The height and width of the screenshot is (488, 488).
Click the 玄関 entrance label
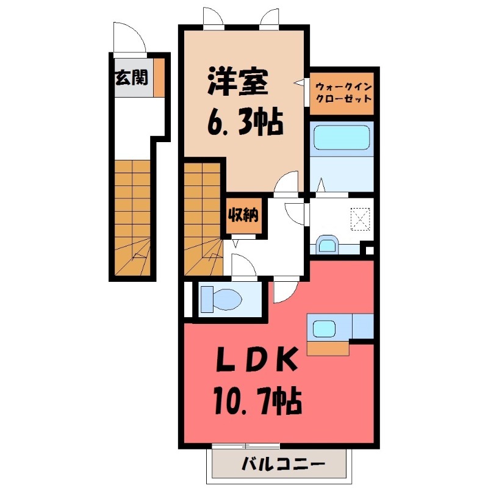(131, 77)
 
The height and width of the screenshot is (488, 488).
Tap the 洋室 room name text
(237, 85)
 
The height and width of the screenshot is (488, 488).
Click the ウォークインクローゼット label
(343, 93)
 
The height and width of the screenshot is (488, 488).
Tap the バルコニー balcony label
(282, 465)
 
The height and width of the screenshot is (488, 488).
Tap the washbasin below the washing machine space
(328, 245)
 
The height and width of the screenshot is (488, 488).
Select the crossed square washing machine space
(361, 217)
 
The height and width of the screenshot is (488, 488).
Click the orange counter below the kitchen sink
(328, 348)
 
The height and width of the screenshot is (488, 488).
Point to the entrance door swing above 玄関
(130, 39)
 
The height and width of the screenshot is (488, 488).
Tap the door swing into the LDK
(284, 289)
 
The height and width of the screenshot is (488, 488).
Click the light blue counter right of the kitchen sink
(362, 326)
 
